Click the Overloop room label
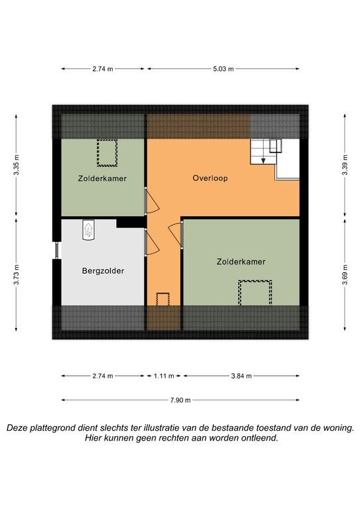click(210, 178)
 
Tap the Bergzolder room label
click(103, 270)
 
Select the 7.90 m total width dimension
click(180, 400)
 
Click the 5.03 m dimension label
click(223, 69)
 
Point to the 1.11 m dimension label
click(164, 376)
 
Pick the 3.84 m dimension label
click(241, 376)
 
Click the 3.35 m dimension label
click(17, 164)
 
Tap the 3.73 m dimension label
click(17, 274)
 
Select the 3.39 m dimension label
click(345, 164)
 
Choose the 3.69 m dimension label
click(345, 274)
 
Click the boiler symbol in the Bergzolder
click(88, 230)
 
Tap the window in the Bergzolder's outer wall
click(57, 250)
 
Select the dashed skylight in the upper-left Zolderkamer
click(107, 153)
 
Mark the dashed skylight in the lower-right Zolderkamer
click(255, 293)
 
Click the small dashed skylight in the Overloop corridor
click(162, 299)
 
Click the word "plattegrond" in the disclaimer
click(53, 428)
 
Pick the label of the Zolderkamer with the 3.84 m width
click(241, 262)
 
